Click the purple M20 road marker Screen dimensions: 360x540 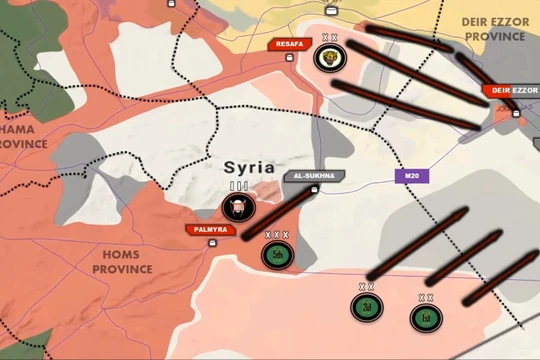coord(410,176)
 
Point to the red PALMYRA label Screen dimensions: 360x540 coord(207,230)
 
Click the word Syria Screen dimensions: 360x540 coord(249,168)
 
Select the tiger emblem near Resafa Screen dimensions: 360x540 coord(328,58)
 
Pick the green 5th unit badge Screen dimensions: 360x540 coord(277,254)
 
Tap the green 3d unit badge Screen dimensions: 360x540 coord(367,306)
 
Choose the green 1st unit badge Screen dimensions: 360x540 coord(425,317)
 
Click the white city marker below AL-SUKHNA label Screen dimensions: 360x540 coord(314,189)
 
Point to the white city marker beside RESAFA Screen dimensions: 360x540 coord(291,57)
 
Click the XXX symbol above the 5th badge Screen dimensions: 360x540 coord(277,235)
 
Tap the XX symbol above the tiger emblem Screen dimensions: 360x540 coord(328,38)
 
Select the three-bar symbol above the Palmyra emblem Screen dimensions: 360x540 coord(238,186)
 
